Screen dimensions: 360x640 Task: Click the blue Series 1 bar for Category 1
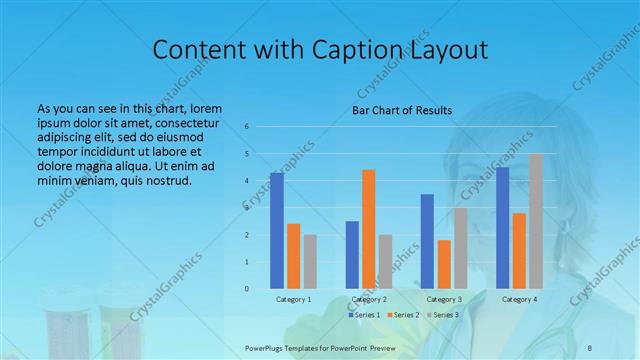277,231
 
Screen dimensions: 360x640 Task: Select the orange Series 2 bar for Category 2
369,229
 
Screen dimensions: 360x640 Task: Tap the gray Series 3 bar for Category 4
536,221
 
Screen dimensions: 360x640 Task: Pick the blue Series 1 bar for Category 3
427,241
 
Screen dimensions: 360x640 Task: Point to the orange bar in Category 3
444,264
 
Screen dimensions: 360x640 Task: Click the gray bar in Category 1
310,261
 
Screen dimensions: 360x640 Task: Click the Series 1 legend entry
364,315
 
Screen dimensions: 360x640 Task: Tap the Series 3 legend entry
442,315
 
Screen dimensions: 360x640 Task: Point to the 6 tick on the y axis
247,127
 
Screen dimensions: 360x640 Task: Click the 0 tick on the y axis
247,289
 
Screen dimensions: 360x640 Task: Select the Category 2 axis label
369,299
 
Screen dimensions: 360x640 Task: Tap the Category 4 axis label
518,299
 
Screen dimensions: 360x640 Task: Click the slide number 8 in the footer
590,347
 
